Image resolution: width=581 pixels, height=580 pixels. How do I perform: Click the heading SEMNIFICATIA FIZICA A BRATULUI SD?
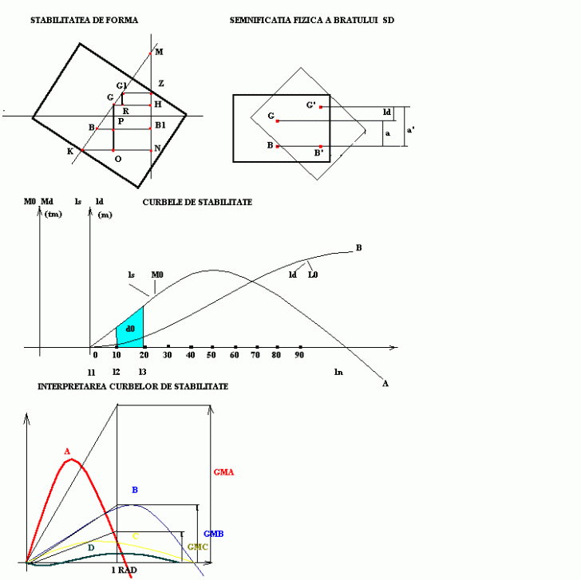(311, 19)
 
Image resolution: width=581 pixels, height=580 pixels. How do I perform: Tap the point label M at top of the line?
(159, 52)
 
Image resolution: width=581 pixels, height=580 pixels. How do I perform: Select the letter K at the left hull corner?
(70, 151)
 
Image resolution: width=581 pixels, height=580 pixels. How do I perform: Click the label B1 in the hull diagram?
(160, 125)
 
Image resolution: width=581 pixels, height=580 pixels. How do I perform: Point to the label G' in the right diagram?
(310, 105)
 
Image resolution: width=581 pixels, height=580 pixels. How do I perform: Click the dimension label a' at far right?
(410, 128)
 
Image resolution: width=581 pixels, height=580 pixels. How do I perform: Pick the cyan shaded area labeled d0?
(130, 328)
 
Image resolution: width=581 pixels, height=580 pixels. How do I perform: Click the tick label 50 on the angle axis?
(212, 355)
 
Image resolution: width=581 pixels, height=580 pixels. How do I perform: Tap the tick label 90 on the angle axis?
(300, 355)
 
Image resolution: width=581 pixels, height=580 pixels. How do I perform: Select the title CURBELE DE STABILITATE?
(197, 203)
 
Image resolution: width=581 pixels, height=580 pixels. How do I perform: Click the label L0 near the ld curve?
(313, 274)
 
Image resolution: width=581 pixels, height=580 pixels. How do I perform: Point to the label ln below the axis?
(338, 372)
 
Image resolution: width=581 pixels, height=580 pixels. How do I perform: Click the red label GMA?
(223, 471)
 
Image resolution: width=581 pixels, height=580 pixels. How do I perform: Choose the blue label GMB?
(213, 532)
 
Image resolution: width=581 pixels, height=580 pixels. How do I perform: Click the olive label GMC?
(198, 546)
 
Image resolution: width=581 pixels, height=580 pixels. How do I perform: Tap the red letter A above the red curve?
(67, 452)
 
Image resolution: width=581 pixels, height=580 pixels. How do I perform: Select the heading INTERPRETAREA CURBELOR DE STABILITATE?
(132, 386)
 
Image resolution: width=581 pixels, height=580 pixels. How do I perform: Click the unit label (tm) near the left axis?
(54, 214)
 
